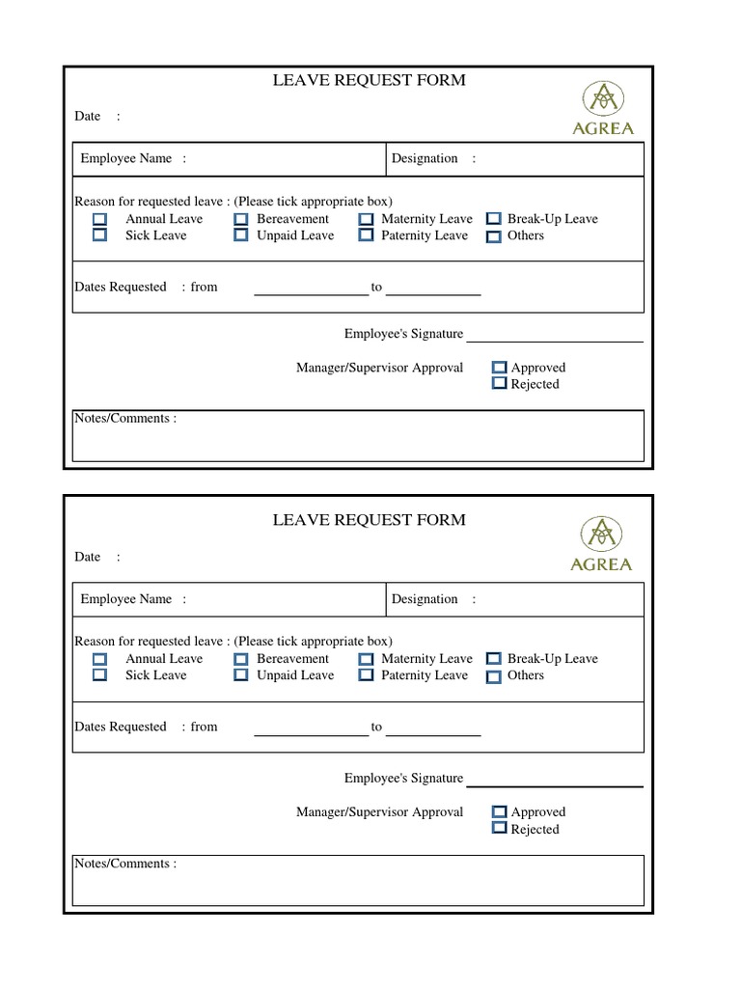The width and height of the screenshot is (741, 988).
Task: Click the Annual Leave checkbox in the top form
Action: pyautogui.click(x=99, y=220)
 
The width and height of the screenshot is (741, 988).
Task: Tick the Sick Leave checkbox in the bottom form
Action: pyautogui.click(x=99, y=675)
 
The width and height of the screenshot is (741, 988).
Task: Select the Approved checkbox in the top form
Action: pyautogui.click(x=499, y=368)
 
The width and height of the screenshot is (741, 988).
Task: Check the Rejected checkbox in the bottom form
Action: pyautogui.click(x=499, y=828)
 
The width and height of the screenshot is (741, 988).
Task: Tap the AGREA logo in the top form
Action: pyautogui.click(x=603, y=108)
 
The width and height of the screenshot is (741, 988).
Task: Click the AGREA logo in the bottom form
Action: pyautogui.click(x=601, y=544)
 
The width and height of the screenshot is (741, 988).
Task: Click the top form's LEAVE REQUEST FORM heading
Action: pyautogui.click(x=369, y=80)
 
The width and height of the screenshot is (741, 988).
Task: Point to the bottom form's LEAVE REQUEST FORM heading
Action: pyautogui.click(x=369, y=520)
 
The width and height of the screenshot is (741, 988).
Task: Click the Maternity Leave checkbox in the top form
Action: pyautogui.click(x=366, y=220)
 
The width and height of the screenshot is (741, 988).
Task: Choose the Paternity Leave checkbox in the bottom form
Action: pyautogui.click(x=366, y=675)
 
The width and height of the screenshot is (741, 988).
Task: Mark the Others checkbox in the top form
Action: pyautogui.click(x=493, y=236)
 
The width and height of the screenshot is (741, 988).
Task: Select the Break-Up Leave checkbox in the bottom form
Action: pyautogui.click(x=493, y=659)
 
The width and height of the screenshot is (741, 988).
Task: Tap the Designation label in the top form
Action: pyautogui.click(x=425, y=159)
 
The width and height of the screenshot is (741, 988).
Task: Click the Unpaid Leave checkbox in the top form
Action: pyautogui.click(x=241, y=235)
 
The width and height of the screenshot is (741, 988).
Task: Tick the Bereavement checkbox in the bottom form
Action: pyautogui.click(x=241, y=659)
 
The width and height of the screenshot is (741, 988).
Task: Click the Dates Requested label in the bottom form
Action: pyautogui.click(x=121, y=727)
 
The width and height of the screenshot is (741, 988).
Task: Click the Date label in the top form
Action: pyautogui.click(x=88, y=117)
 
